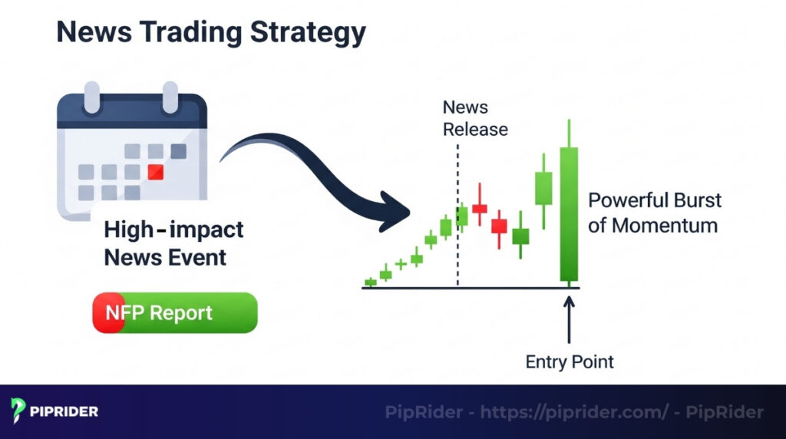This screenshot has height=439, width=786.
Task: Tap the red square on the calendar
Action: (156, 171)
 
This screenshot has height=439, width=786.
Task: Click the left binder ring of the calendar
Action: (91, 98)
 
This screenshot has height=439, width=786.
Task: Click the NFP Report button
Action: (175, 313)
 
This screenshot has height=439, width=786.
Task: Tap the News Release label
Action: (475, 118)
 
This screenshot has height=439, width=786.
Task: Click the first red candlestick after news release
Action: (480, 207)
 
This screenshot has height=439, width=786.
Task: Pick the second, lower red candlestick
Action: (499, 226)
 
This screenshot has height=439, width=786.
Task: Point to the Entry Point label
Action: (570, 361)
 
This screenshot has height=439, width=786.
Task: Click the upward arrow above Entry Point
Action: (569, 319)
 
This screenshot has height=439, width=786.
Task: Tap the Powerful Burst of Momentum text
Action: (654, 213)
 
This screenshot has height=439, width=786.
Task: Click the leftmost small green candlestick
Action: (371, 282)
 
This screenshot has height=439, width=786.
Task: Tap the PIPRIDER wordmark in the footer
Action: (64, 412)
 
